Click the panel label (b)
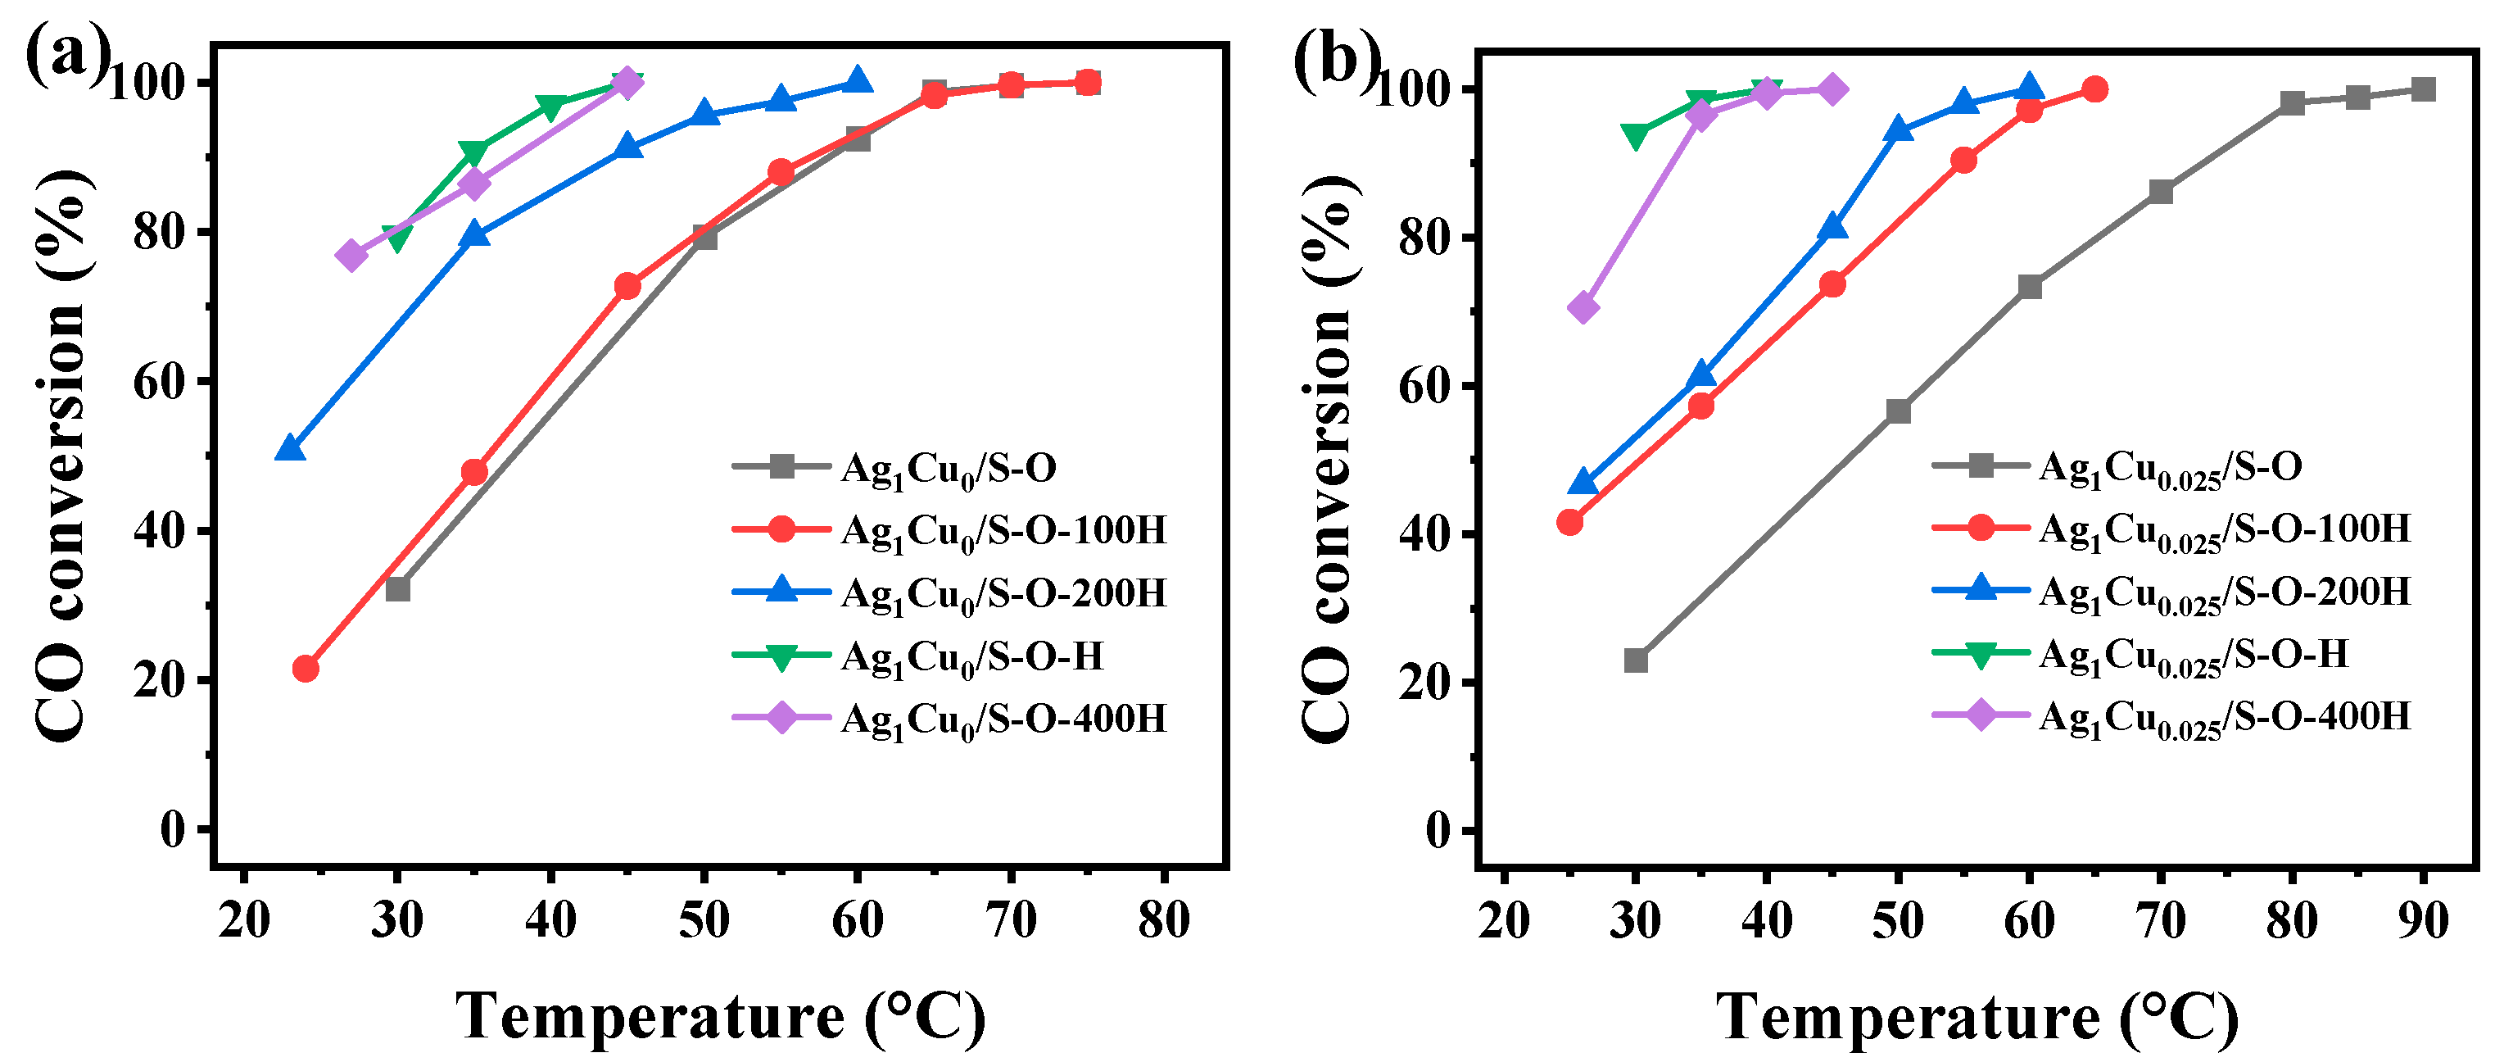click(1334, 60)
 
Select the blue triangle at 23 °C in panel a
click(290, 447)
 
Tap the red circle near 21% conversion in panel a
click(305, 669)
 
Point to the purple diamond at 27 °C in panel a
click(351, 256)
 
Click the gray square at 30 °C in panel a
click(397, 589)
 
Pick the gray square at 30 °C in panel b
click(1635, 660)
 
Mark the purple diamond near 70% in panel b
click(1583, 308)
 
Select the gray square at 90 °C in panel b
click(2422, 90)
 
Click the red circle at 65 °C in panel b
click(2094, 90)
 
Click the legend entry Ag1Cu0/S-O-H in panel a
click(971, 656)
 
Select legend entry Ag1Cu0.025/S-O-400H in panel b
click(2224, 717)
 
